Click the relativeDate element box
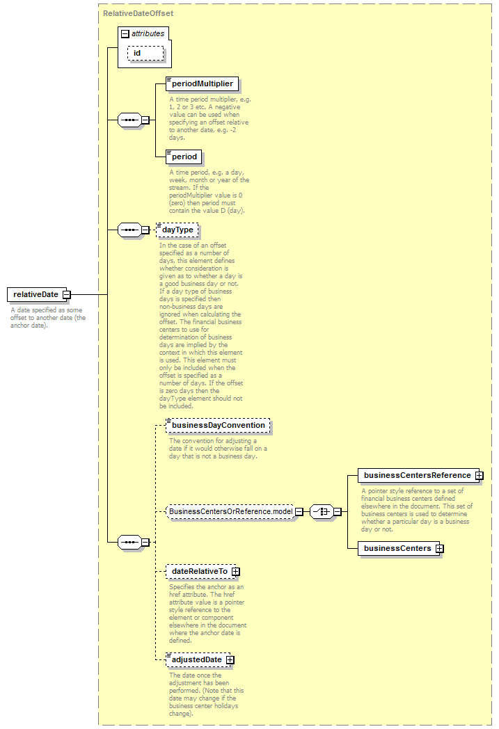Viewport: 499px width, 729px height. click(x=37, y=294)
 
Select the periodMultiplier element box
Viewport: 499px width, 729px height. click(x=203, y=83)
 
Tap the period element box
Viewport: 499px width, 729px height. click(x=184, y=157)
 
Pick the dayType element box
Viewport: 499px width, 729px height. click(x=177, y=230)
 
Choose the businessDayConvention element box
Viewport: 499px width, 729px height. click(x=218, y=426)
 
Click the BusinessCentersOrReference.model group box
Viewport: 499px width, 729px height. click(x=230, y=511)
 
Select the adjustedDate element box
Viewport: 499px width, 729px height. click(x=198, y=659)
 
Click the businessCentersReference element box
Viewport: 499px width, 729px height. click(x=418, y=475)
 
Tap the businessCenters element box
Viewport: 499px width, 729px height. click(x=398, y=548)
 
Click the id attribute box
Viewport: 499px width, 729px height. click(x=145, y=54)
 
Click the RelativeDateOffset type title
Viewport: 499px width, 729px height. click(x=138, y=13)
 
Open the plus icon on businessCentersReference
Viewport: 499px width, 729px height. click(x=480, y=476)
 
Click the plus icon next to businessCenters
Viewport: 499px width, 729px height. click(x=439, y=549)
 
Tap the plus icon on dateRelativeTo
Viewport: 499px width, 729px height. click(x=236, y=571)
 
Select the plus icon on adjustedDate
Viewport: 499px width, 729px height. click(x=230, y=660)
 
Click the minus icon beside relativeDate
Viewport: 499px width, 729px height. click(x=67, y=294)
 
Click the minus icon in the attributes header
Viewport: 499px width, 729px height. click(x=125, y=34)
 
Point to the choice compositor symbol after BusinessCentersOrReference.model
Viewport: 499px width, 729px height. click(x=322, y=511)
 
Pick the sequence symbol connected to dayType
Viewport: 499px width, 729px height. click(x=129, y=230)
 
